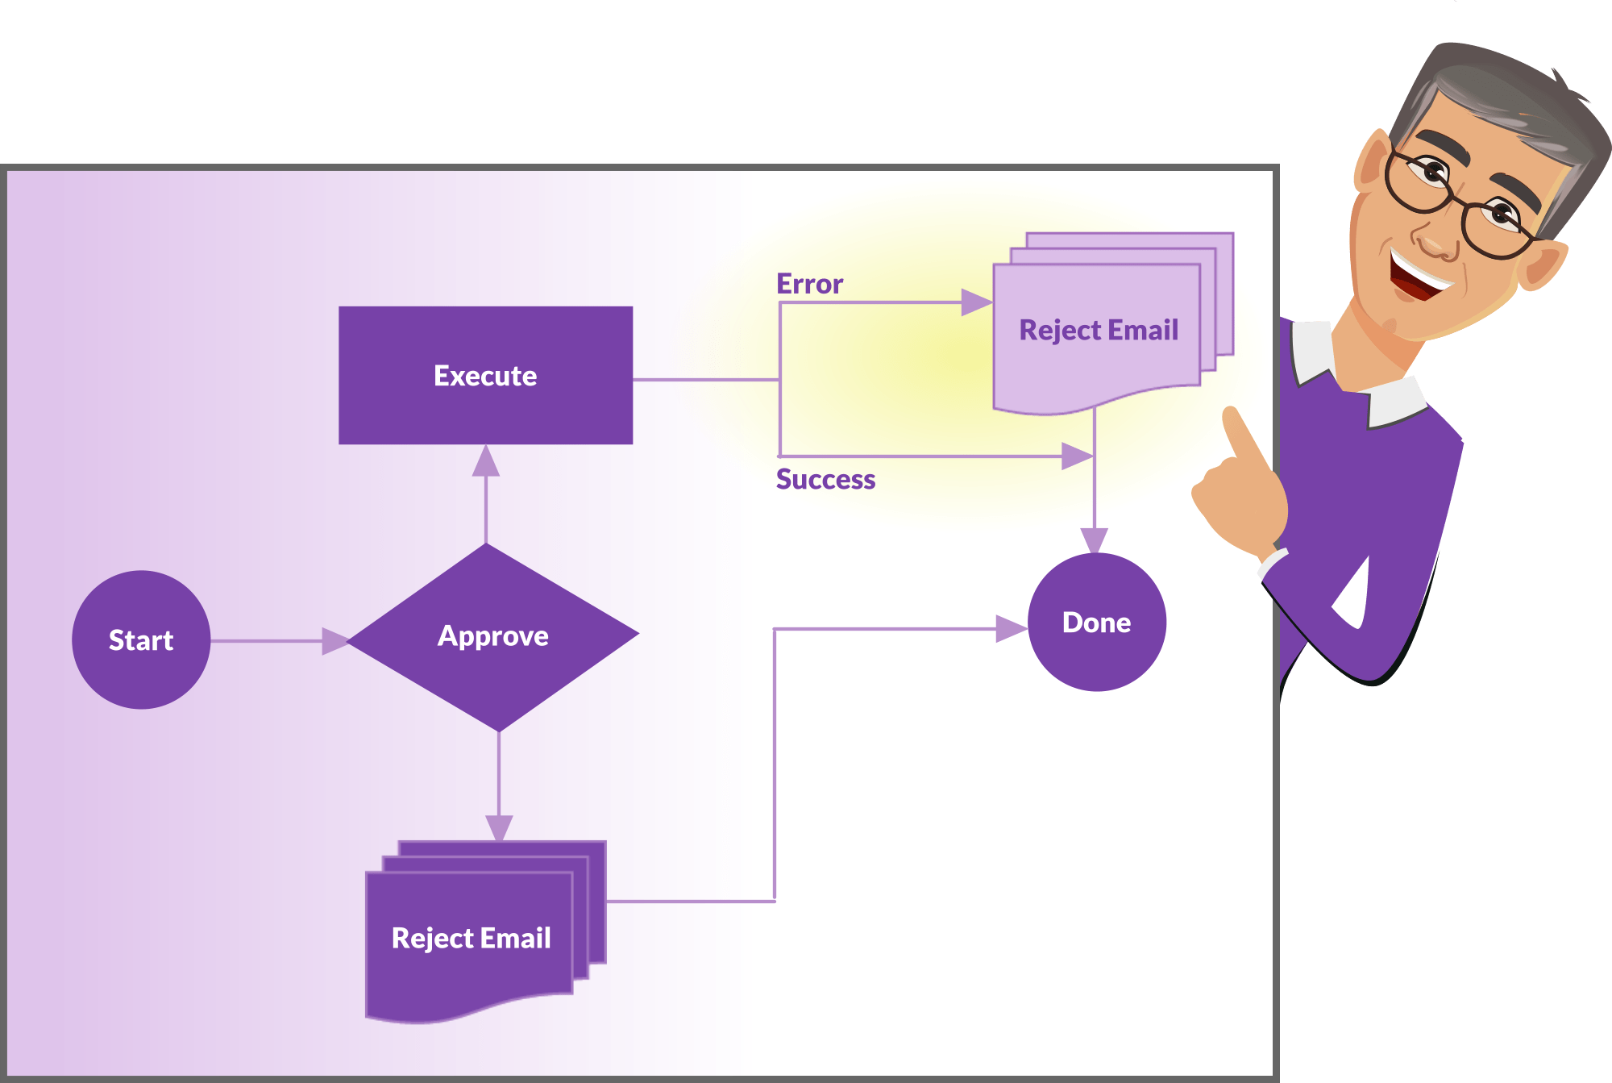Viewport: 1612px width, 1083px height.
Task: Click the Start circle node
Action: point(141,639)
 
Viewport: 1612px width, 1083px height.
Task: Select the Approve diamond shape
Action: point(492,637)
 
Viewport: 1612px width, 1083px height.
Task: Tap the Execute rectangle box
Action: point(485,375)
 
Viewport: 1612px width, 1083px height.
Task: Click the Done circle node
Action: point(1096,622)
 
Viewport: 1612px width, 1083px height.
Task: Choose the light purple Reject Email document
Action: point(1098,331)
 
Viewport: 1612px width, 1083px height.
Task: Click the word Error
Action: point(809,284)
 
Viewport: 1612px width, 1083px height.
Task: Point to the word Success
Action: point(825,479)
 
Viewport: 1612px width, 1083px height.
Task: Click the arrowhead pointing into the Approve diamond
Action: point(334,641)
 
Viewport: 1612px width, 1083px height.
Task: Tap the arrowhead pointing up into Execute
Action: point(486,461)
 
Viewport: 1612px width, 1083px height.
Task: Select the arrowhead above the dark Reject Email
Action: point(499,827)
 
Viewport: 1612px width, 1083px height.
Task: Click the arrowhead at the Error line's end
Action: point(976,302)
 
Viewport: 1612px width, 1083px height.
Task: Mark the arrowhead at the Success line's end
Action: point(1076,456)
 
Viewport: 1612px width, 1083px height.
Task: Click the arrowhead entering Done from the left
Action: point(1011,628)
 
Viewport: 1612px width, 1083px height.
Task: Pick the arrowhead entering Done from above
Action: point(1094,539)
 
